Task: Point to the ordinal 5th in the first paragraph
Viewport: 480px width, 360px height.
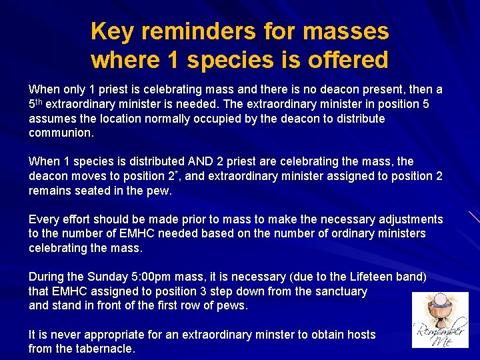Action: point(35,104)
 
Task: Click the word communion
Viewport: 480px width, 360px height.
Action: point(61,133)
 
